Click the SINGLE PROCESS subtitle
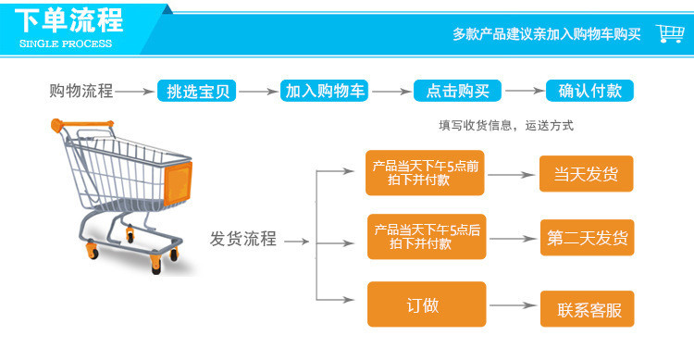point(65,43)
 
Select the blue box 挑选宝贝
point(198,91)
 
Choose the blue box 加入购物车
point(325,91)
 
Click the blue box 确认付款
point(589,91)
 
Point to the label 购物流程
point(81,91)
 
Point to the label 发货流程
point(243,240)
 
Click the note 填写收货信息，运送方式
point(506,126)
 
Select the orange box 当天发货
point(587,174)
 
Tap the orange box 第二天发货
point(587,239)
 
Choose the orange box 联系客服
point(587,309)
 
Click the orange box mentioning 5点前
point(425,173)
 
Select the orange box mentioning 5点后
point(425,238)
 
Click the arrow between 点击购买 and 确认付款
point(525,91)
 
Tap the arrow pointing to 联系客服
point(514,305)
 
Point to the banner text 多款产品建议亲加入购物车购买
point(546,34)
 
